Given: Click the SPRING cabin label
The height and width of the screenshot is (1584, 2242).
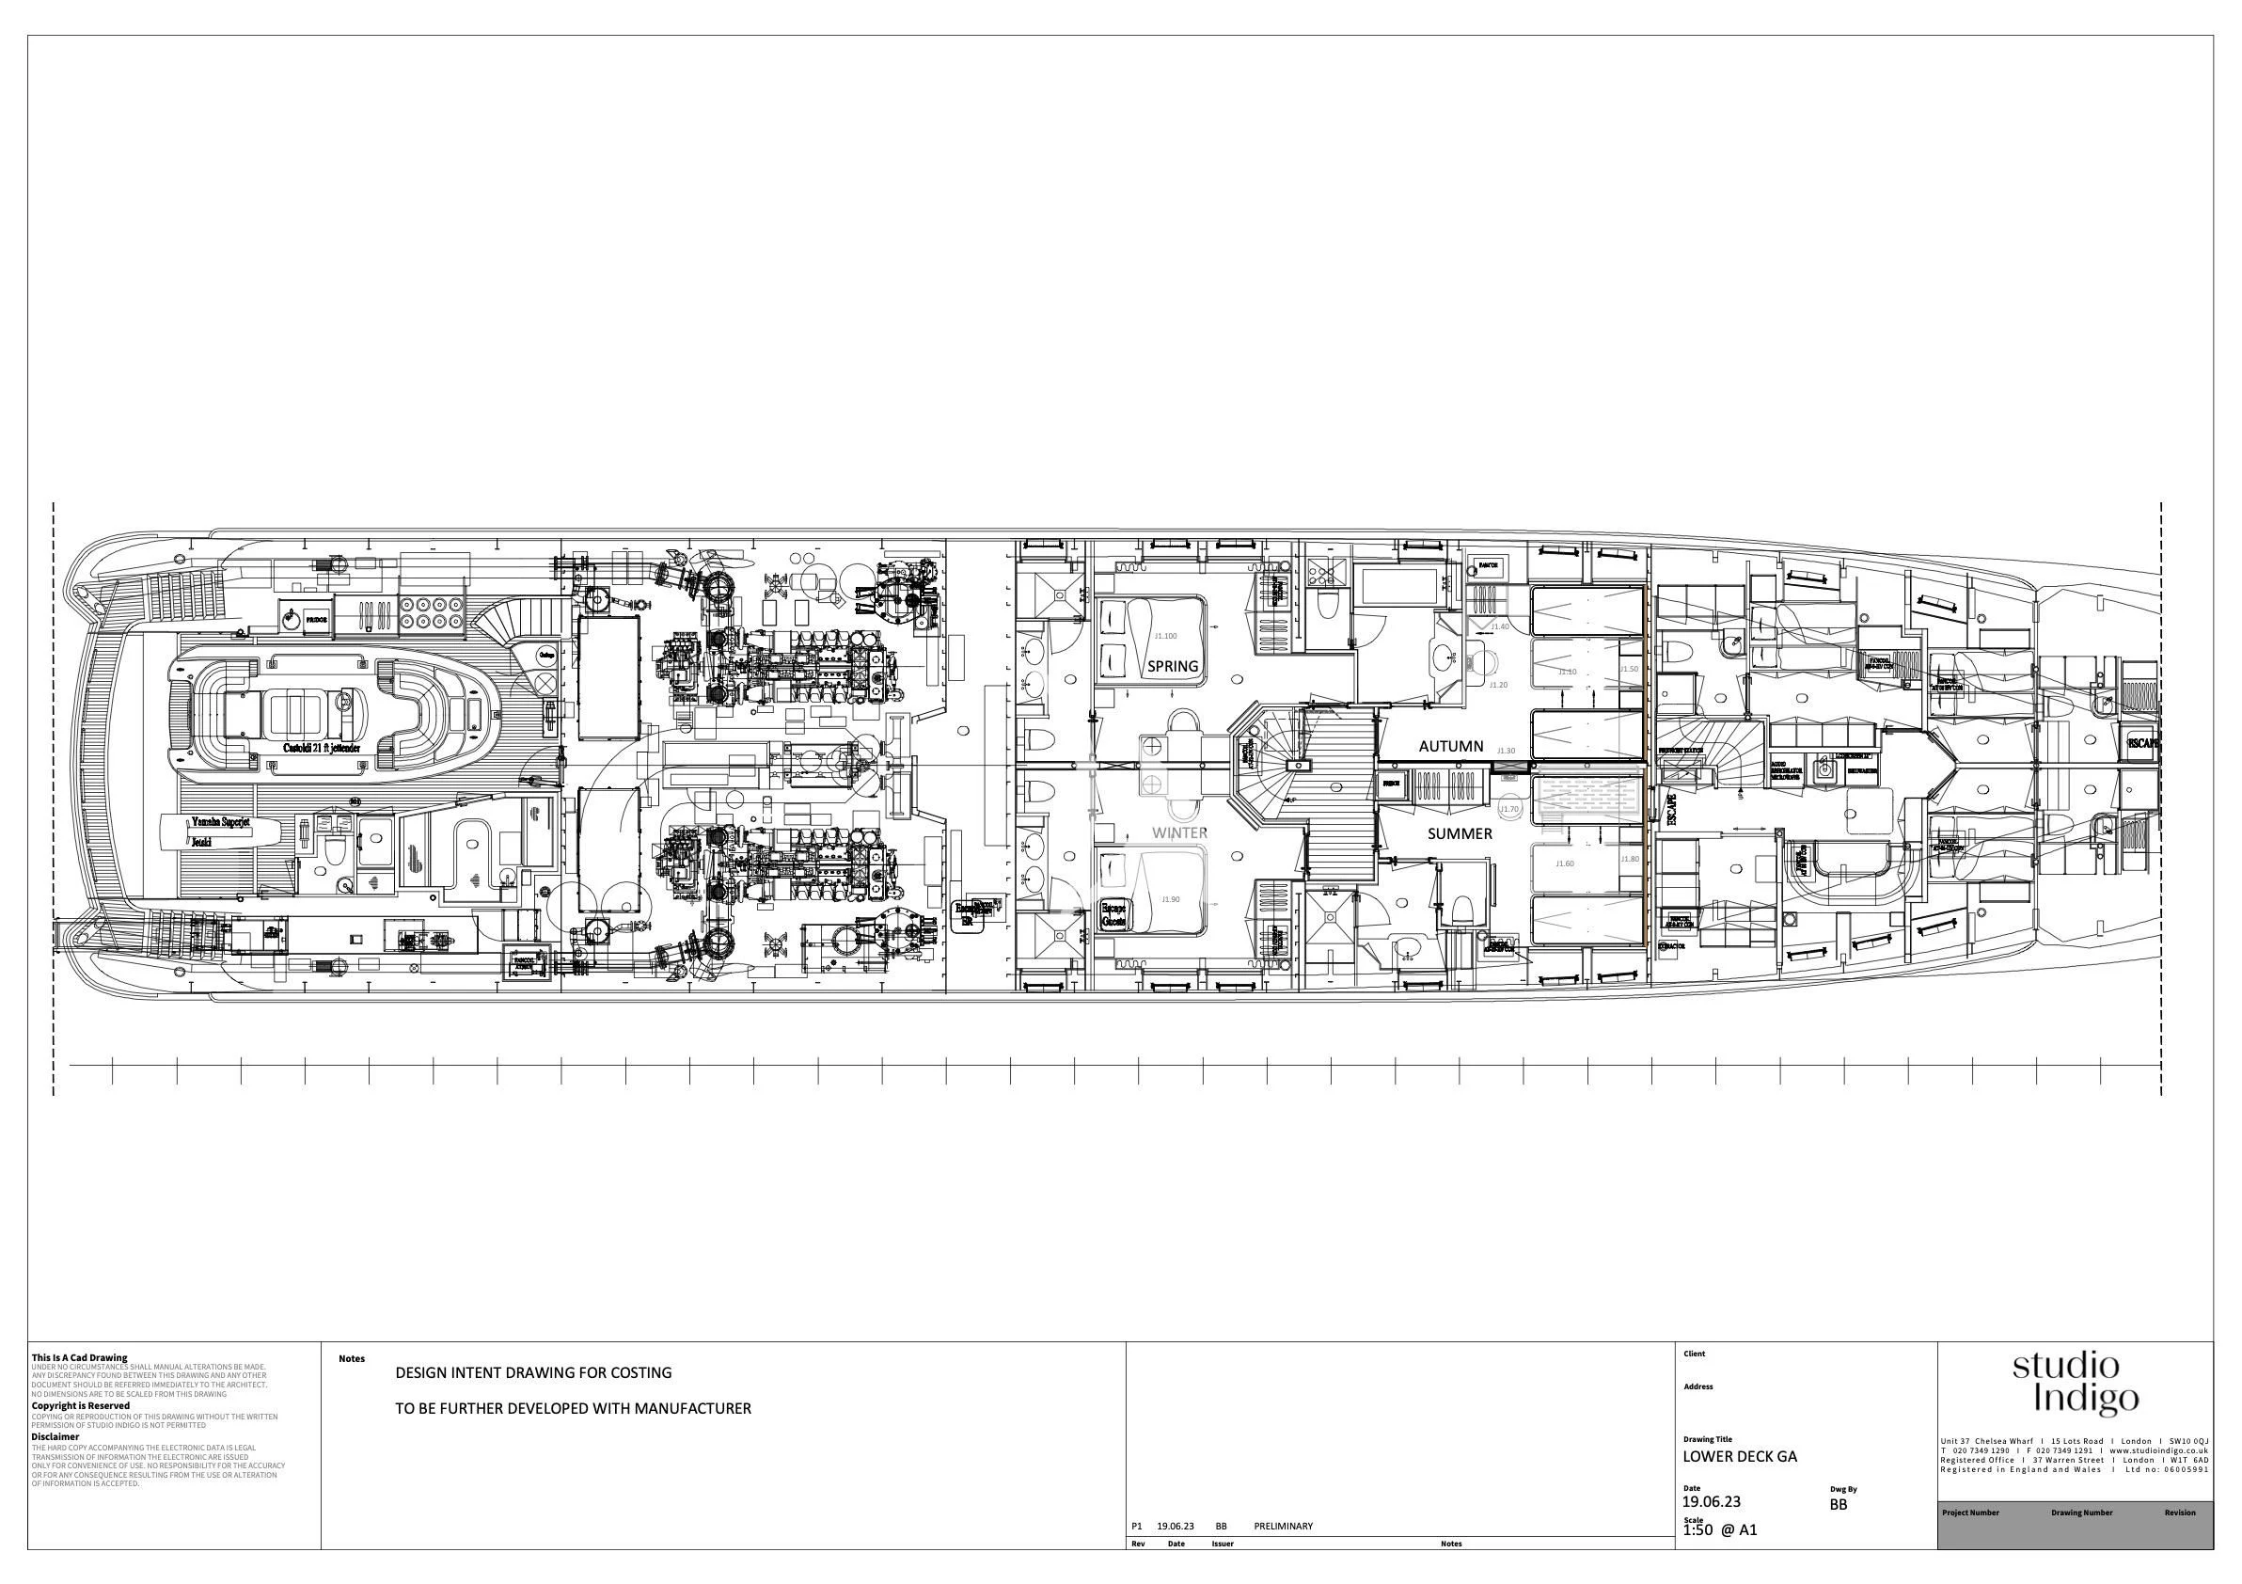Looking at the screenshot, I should (x=1172, y=667).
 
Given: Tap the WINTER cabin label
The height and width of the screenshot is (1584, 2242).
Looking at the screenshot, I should (x=1179, y=833).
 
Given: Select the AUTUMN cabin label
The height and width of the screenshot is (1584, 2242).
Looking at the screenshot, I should (x=1450, y=746).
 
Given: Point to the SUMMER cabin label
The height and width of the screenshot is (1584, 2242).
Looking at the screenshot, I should (x=1459, y=834).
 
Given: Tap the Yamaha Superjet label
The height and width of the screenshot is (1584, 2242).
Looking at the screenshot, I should (x=221, y=822).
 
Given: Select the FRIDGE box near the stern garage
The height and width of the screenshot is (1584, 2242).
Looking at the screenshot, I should (x=315, y=619).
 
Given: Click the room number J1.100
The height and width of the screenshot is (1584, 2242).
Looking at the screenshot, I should (x=1166, y=636).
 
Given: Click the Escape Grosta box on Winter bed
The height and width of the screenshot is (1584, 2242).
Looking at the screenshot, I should (x=1113, y=913).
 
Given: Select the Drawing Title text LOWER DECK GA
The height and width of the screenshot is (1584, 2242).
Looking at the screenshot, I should (x=1739, y=1457).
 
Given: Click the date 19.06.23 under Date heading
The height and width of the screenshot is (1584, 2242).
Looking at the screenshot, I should (x=1711, y=1502).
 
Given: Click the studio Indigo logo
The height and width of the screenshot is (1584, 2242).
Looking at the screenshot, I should (x=2074, y=1383).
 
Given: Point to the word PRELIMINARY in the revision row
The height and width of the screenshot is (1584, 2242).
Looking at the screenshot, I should (x=1282, y=1527).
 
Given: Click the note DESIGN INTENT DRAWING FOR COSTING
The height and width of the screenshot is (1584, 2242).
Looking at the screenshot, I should (x=533, y=1372).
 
